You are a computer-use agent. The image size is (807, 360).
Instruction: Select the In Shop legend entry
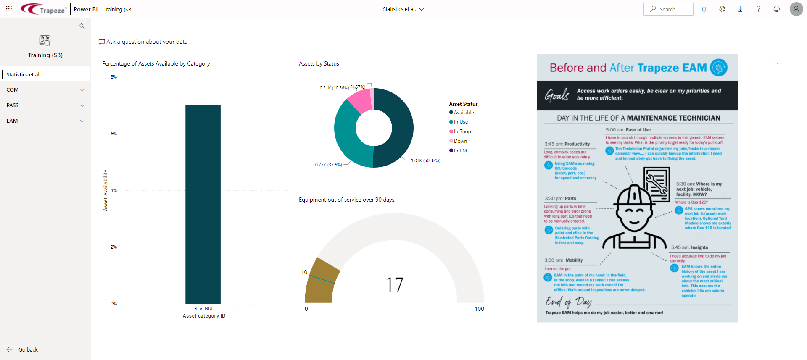pyautogui.click(x=462, y=131)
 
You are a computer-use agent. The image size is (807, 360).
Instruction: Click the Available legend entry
pyautogui.click(x=464, y=113)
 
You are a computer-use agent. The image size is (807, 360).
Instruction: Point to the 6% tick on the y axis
pyautogui.click(x=113, y=134)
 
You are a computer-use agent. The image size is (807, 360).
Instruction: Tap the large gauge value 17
pyautogui.click(x=395, y=285)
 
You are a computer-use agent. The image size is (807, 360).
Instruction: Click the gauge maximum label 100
pyautogui.click(x=479, y=309)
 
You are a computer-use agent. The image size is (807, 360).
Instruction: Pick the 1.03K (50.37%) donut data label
pyautogui.click(x=425, y=160)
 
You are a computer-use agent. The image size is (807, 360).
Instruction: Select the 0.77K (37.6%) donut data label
pyautogui.click(x=328, y=165)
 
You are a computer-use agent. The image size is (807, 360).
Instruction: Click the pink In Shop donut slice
pyautogui.click(x=359, y=100)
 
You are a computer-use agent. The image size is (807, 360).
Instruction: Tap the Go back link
pyautogui.click(x=28, y=349)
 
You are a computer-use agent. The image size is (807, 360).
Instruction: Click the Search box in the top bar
pyautogui.click(x=668, y=9)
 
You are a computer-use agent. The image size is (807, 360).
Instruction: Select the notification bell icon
pyautogui.click(x=704, y=9)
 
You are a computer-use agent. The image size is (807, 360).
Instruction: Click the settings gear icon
pyautogui.click(x=722, y=9)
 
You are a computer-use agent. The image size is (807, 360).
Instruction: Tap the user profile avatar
pyautogui.click(x=796, y=9)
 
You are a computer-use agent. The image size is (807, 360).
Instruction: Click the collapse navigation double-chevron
pyautogui.click(x=82, y=26)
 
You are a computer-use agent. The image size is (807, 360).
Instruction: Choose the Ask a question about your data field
pyautogui.click(x=157, y=42)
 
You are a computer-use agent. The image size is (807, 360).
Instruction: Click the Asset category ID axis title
pyautogui.click(x=204, y=316)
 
